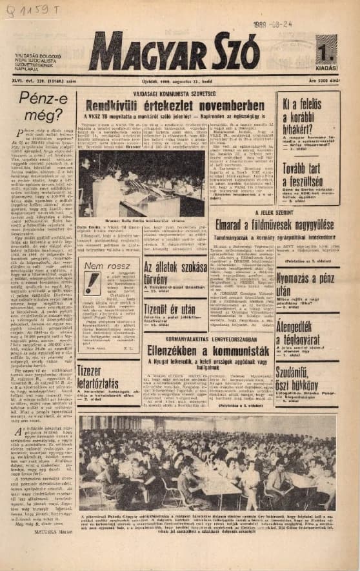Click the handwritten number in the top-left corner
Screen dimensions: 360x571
click(31, 10)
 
